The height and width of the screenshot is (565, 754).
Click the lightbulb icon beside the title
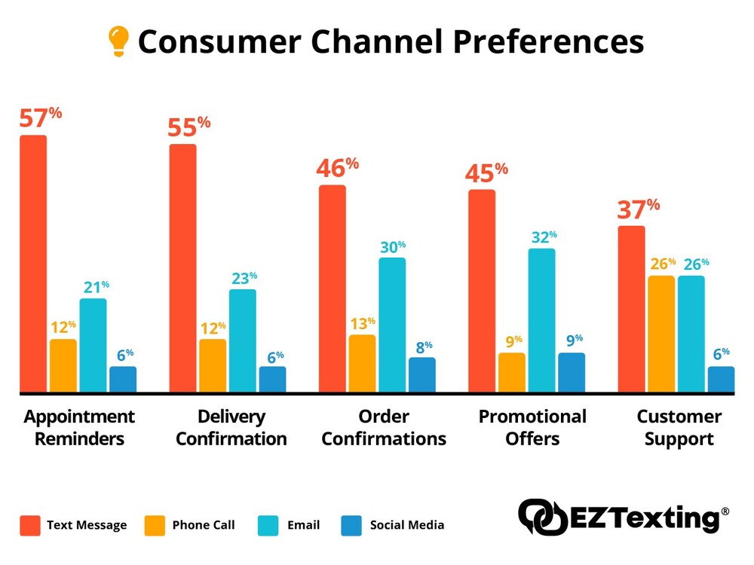(118, 41)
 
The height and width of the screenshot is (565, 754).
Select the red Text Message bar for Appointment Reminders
(33, 264)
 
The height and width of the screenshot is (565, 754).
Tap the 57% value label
(41, 119)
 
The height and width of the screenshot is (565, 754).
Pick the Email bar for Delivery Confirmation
(242, 341)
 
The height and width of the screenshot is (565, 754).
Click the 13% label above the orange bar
(361, 324)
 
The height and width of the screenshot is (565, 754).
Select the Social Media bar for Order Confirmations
(421, 374)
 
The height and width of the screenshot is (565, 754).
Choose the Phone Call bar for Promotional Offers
(512, 372)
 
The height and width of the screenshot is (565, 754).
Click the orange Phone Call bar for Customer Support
(661, 334)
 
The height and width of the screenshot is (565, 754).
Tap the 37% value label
(638, 209)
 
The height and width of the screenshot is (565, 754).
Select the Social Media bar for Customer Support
(721, 379)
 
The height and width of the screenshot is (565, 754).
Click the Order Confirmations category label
(384, 428)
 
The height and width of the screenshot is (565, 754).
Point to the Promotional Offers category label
(532, 428)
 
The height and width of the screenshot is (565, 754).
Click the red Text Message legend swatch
(30, 524)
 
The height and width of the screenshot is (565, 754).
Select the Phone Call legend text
(204, 525)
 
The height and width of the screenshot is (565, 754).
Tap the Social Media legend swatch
(352, 524)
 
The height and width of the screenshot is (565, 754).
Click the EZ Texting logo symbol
(541, 518)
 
